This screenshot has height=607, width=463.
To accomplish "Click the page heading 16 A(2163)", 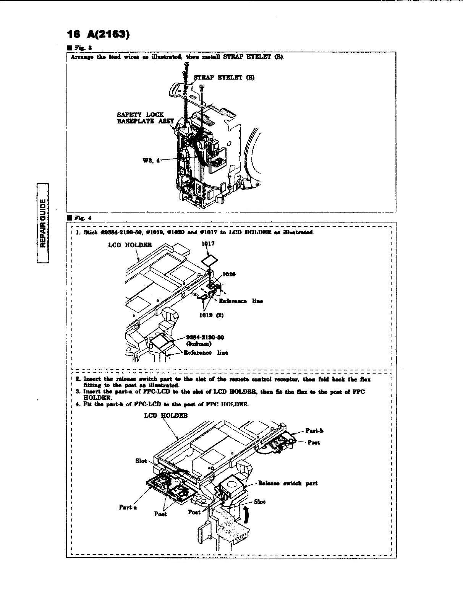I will pos(99,35).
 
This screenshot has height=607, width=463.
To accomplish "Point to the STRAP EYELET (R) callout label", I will pos(224,78).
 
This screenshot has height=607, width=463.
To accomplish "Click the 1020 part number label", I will pos(229,274).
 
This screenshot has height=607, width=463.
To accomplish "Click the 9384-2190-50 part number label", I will pos(205,337).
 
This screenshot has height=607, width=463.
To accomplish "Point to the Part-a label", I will pos(128,507).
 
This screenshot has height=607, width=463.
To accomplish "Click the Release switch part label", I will pos(288,483).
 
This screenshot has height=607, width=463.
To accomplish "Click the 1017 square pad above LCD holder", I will pos(210,261).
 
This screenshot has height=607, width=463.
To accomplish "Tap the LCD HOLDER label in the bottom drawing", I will pos(166,415).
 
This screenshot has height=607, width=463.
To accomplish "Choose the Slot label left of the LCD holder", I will pos(141,461).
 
